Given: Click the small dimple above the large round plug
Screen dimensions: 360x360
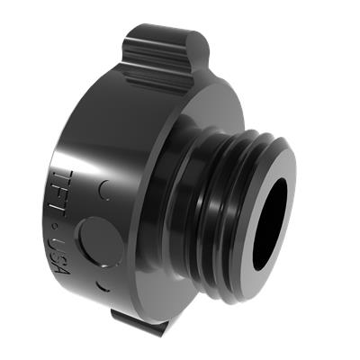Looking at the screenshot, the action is click(104, 191).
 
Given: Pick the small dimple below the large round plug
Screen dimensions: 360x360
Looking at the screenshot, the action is click(102, 285).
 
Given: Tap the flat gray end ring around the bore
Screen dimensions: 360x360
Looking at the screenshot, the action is click(268, 224).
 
